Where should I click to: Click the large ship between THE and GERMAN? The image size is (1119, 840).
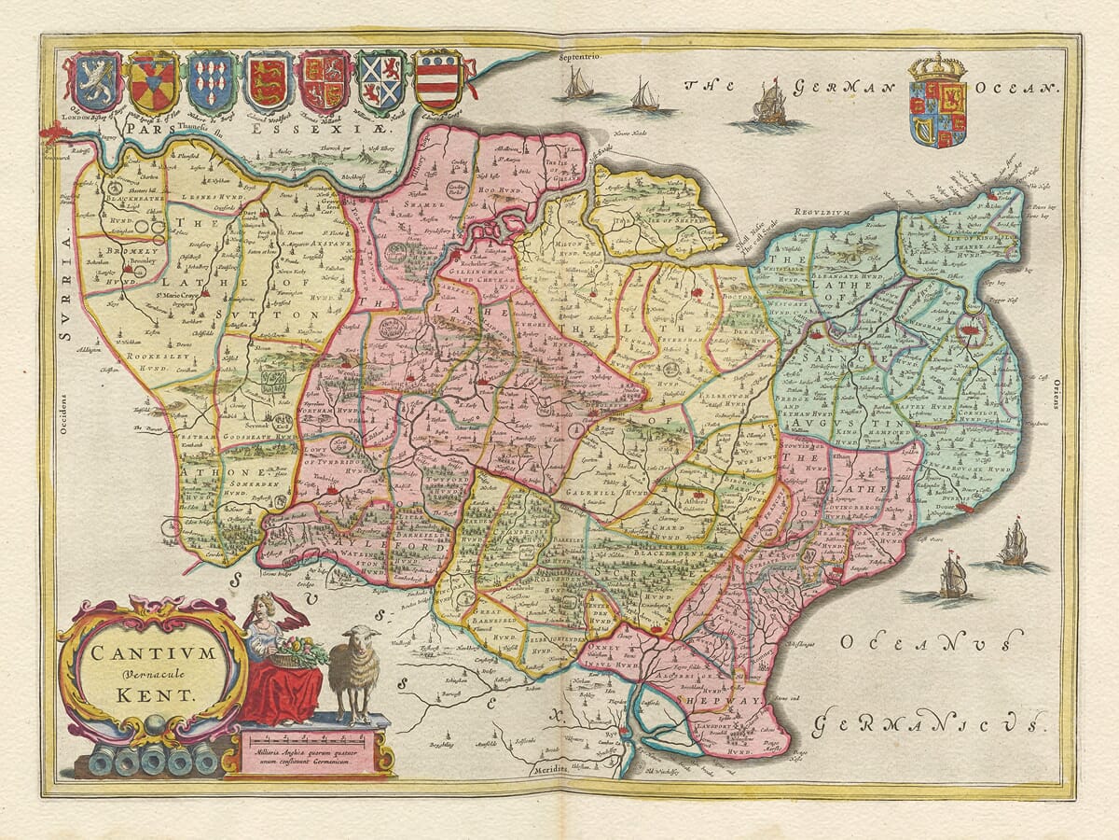coord(770,105)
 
